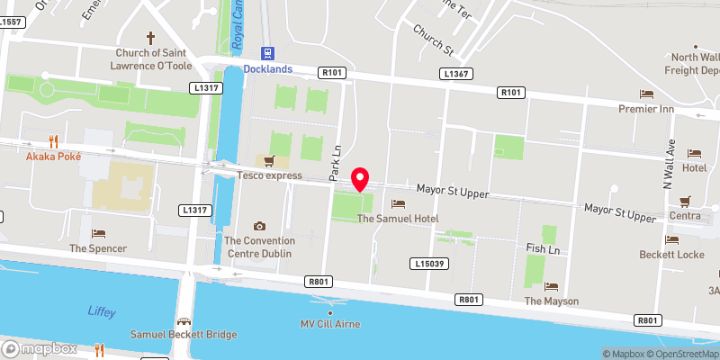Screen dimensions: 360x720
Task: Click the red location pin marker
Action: click(361, 179)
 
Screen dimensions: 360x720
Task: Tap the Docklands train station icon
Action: click(266, 53)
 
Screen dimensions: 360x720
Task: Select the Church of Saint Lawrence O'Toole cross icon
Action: click(150, 39)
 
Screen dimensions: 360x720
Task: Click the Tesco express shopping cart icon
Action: click(268, 161)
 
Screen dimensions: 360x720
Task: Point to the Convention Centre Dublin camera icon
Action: click(260, 226)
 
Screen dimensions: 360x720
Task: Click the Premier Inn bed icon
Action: click(645, 94)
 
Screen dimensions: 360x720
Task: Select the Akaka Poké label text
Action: click(54, 156)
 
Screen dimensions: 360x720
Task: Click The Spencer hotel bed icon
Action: click(98, 233)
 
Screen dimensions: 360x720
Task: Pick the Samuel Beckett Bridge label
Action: click(184, 335)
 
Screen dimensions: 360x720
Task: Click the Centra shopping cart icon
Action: click(685, 201)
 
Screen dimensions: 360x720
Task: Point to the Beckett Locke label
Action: click(671, 256)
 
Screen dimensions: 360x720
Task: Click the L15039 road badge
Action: click(429, 264)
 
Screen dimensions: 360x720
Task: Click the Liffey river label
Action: click(102, 310)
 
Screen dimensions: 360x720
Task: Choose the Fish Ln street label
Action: click(544, 247)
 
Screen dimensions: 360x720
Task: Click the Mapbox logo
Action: click(39, 348)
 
